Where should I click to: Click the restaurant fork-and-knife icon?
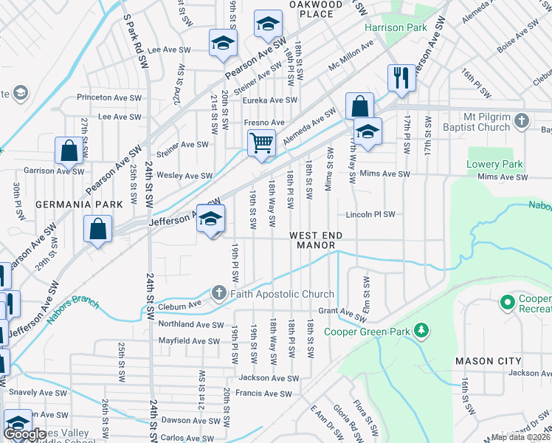click(x=401, y=77)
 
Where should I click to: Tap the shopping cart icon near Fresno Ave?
click(x=261, y=142)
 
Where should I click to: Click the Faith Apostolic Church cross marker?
click(x=218, y=293)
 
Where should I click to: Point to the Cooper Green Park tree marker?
click(x=421, y=331)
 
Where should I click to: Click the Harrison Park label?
click(x=396, y=27)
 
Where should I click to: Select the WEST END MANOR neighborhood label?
click(x=317, y=240)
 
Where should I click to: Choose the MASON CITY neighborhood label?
click(x=488, y=361)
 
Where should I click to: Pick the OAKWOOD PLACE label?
click(x=317, y=8)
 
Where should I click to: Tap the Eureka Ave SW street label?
click(x=271, y=100)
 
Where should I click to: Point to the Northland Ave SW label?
click(x=190, y=324)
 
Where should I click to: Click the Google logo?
click(x=24, y=434)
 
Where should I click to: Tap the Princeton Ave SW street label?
click(x=110, y=97)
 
